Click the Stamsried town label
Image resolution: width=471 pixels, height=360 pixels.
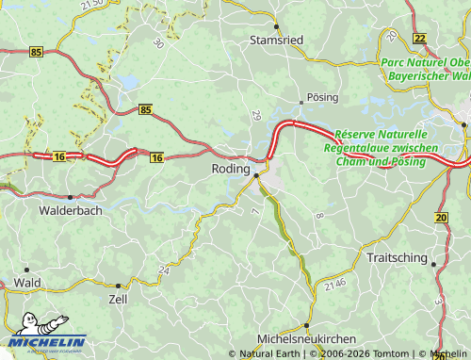[x=277, y=41]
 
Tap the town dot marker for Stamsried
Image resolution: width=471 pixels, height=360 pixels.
[x=277, y=26]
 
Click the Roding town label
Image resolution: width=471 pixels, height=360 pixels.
[x=231, y=169]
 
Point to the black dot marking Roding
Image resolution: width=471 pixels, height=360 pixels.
[x=256, y=174]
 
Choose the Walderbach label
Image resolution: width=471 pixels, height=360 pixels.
[x=70, y=212]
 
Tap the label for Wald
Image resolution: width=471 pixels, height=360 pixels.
[x=27, y=282]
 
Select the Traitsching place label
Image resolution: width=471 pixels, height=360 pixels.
[x=396, y=257]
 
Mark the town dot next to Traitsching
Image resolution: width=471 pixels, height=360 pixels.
[x=433, y=265]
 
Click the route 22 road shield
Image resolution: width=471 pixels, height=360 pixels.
[x=419, y=38]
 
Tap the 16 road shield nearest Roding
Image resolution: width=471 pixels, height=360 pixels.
[x=156, y=157]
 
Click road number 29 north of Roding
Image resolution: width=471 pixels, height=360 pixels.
[x=255, y=115]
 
